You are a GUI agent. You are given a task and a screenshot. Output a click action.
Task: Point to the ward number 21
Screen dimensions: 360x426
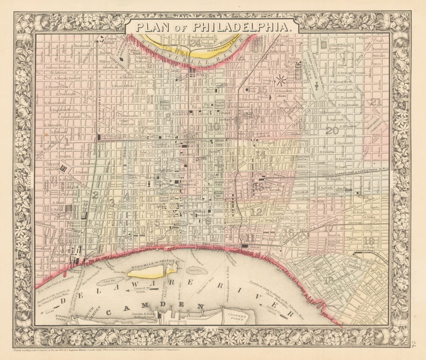(375, 103)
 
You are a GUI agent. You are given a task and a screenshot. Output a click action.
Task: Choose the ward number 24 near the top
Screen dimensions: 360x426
(195, 43)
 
